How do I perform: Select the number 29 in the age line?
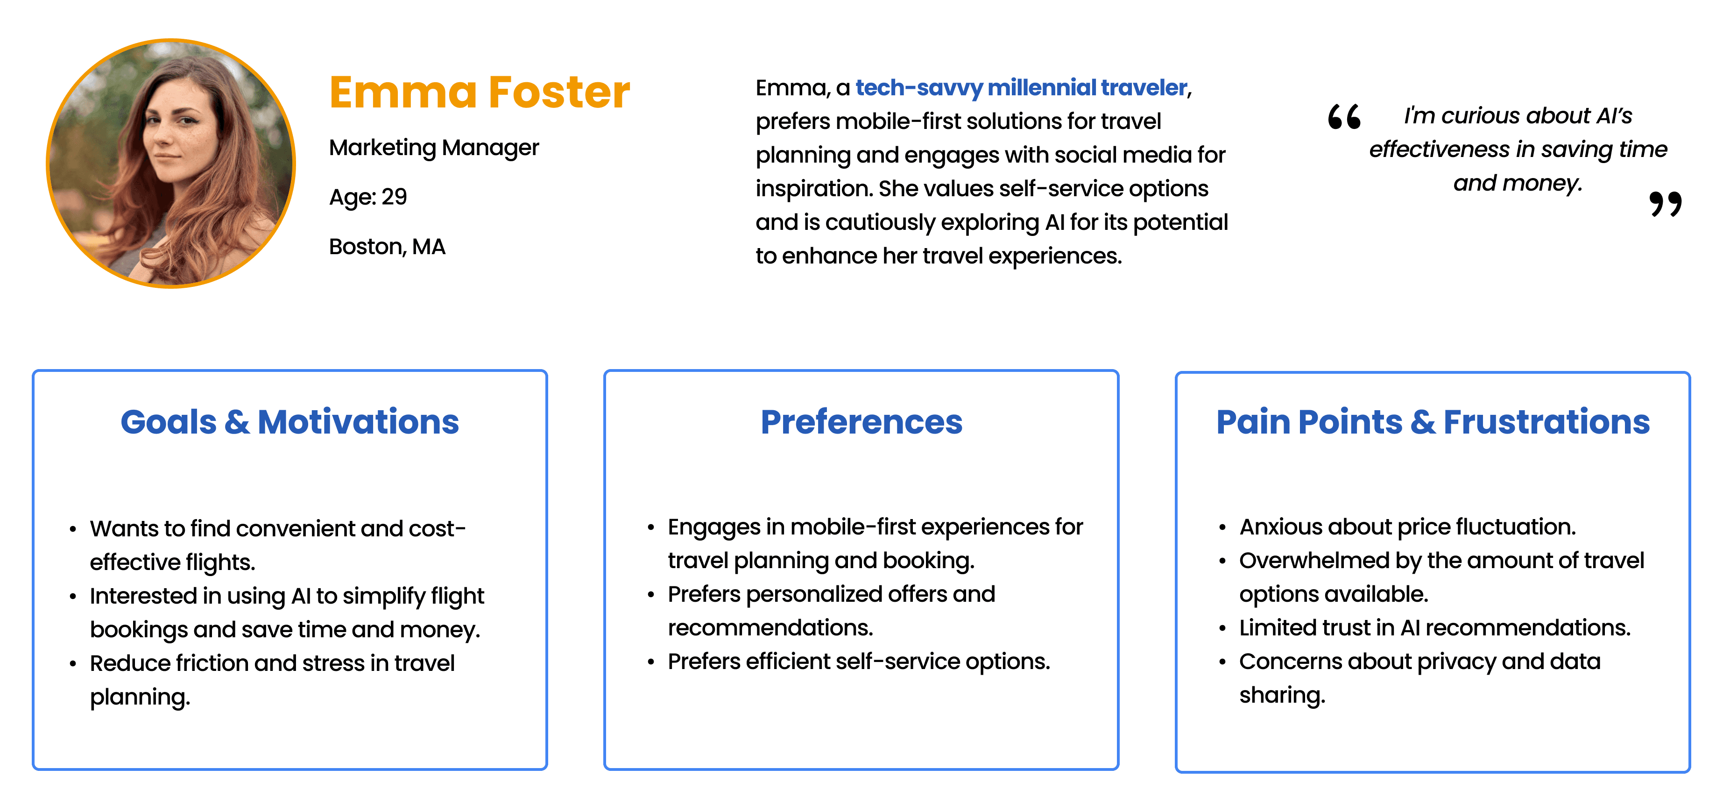pos(394,197)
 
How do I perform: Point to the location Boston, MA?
pos(387,247)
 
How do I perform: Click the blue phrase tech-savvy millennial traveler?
pos(1021,88)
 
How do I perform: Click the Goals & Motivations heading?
pos(290,422)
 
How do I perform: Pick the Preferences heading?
pos(861,422)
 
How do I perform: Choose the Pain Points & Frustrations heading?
pos(1433,422)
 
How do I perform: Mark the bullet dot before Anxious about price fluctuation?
pos(1222,528)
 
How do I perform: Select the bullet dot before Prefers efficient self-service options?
pos(651,662)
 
